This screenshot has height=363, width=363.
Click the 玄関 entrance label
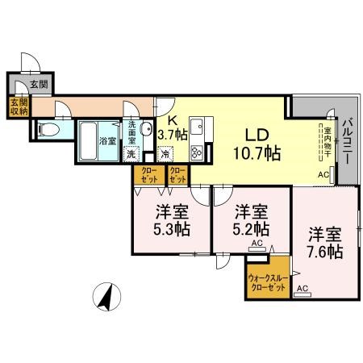click(39, 83)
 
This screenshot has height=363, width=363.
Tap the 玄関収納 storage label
click(17, 106)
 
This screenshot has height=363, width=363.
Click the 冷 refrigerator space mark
click(165, 154)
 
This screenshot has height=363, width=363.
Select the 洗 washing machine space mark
click(131, 154)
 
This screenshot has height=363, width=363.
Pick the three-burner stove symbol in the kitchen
click(197, 152)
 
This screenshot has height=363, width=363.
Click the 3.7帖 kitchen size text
click(173, 134)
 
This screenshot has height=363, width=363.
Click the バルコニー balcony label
click(346, 142)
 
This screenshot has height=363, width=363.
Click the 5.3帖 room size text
click(172, 229)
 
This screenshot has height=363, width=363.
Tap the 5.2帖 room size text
click(251, 229)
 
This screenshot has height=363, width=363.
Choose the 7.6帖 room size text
click(324, 251)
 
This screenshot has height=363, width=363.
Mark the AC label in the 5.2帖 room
click(257, 243)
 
